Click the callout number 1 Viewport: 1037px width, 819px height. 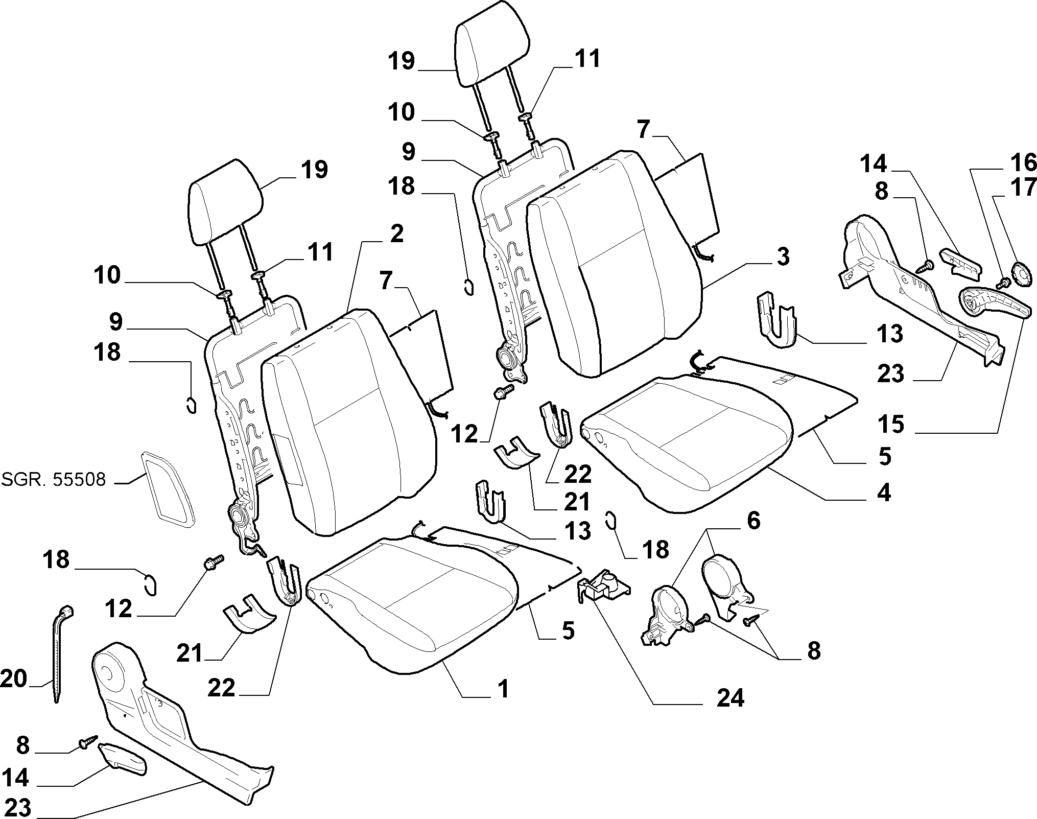click(x=503, y=689)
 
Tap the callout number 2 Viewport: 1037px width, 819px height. click(x=396, y=233)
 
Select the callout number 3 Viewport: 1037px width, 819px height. click(x=782, y=256)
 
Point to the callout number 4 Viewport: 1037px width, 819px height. click(x=883, y=493)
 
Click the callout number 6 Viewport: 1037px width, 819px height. click(x=753, y=521)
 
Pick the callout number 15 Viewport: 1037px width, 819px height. click(x=890, y=424)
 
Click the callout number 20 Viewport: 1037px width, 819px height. click(x=14, y=680)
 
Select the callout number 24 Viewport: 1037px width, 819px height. click(x=730, y=697)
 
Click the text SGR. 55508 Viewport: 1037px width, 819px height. click(x=54, y=479)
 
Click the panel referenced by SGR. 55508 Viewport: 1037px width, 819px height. click(x=167, y=488)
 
